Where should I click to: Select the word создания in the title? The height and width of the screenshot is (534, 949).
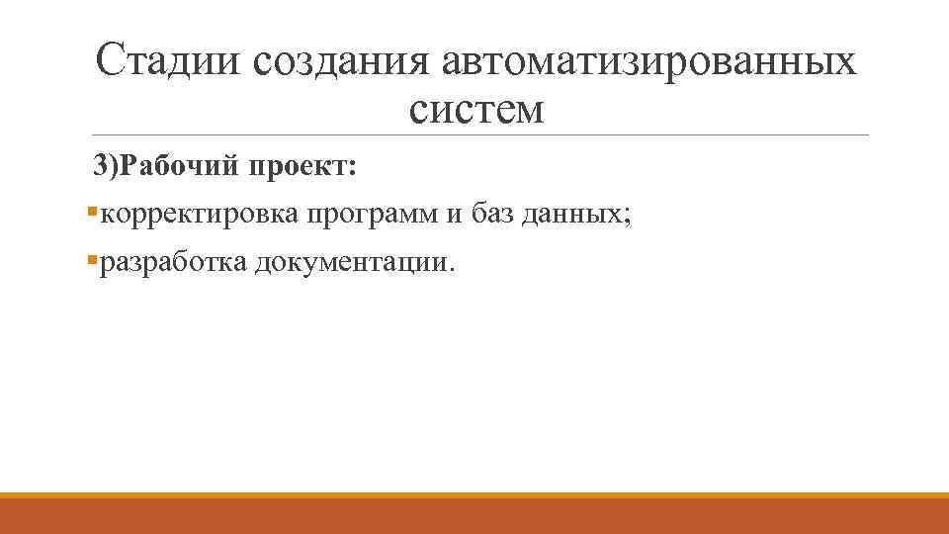[x=343, y=62]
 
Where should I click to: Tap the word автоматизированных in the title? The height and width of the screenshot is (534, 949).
[x=649, y=62]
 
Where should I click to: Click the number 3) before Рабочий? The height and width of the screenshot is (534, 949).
[x=105, y=165]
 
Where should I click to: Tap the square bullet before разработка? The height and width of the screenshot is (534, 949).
[x=92, y=261]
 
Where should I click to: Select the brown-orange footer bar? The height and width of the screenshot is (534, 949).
[x=474, y=516]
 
